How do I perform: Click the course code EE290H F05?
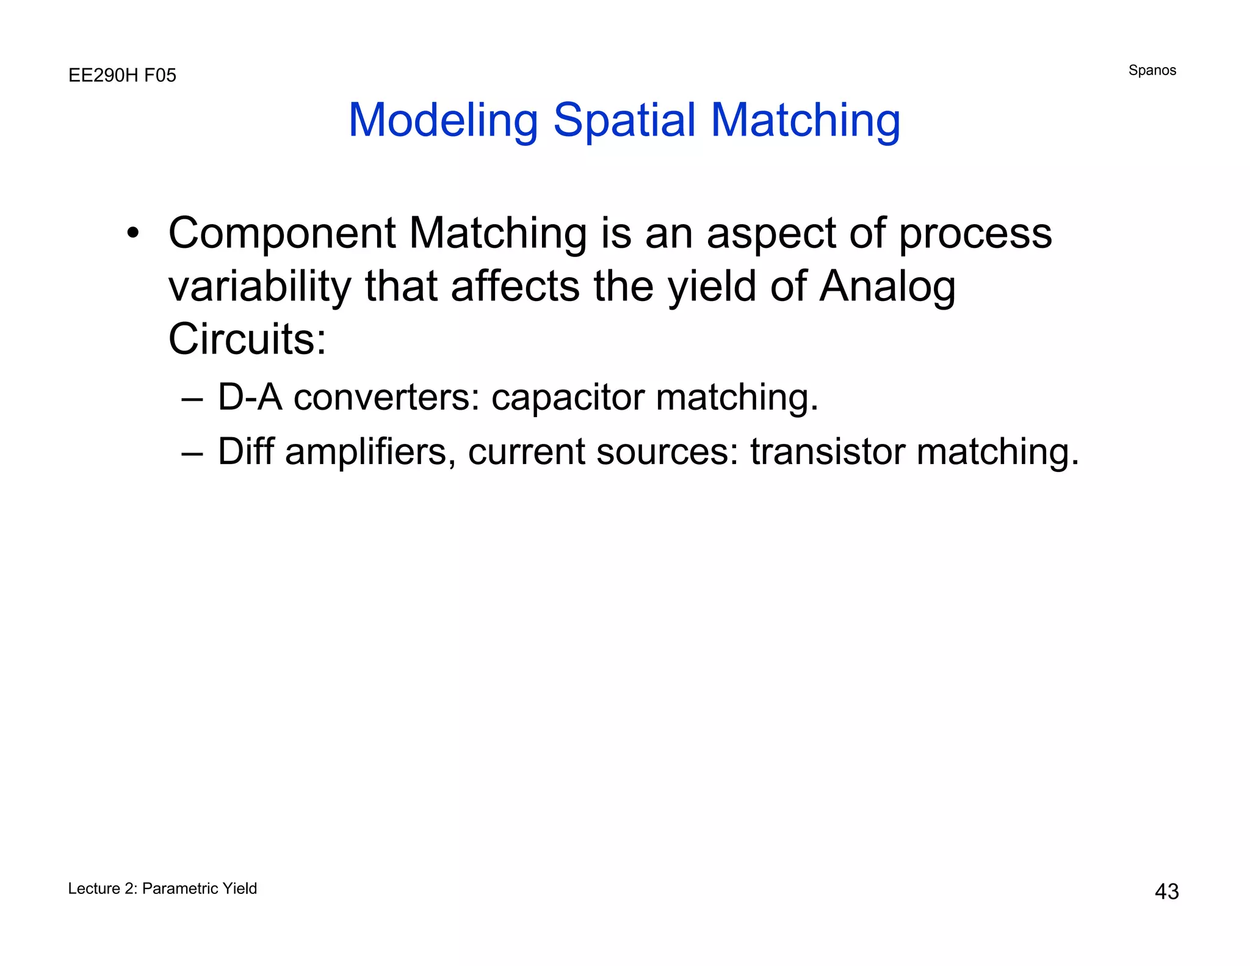[x=122, y=76]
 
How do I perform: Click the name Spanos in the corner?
[x=1152, y=70]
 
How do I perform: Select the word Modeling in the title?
[x=443, y=120]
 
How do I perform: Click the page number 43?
[x=1166, y=892]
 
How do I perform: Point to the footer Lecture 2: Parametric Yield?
[x=162, y=888]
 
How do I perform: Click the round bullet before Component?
[x=133, y=233]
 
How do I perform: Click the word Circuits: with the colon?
[x=247, y=340]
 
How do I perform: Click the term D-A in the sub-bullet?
[x=250, y=398]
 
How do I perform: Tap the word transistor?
[x=827, y=452]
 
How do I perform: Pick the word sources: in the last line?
[x=668, y=452]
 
